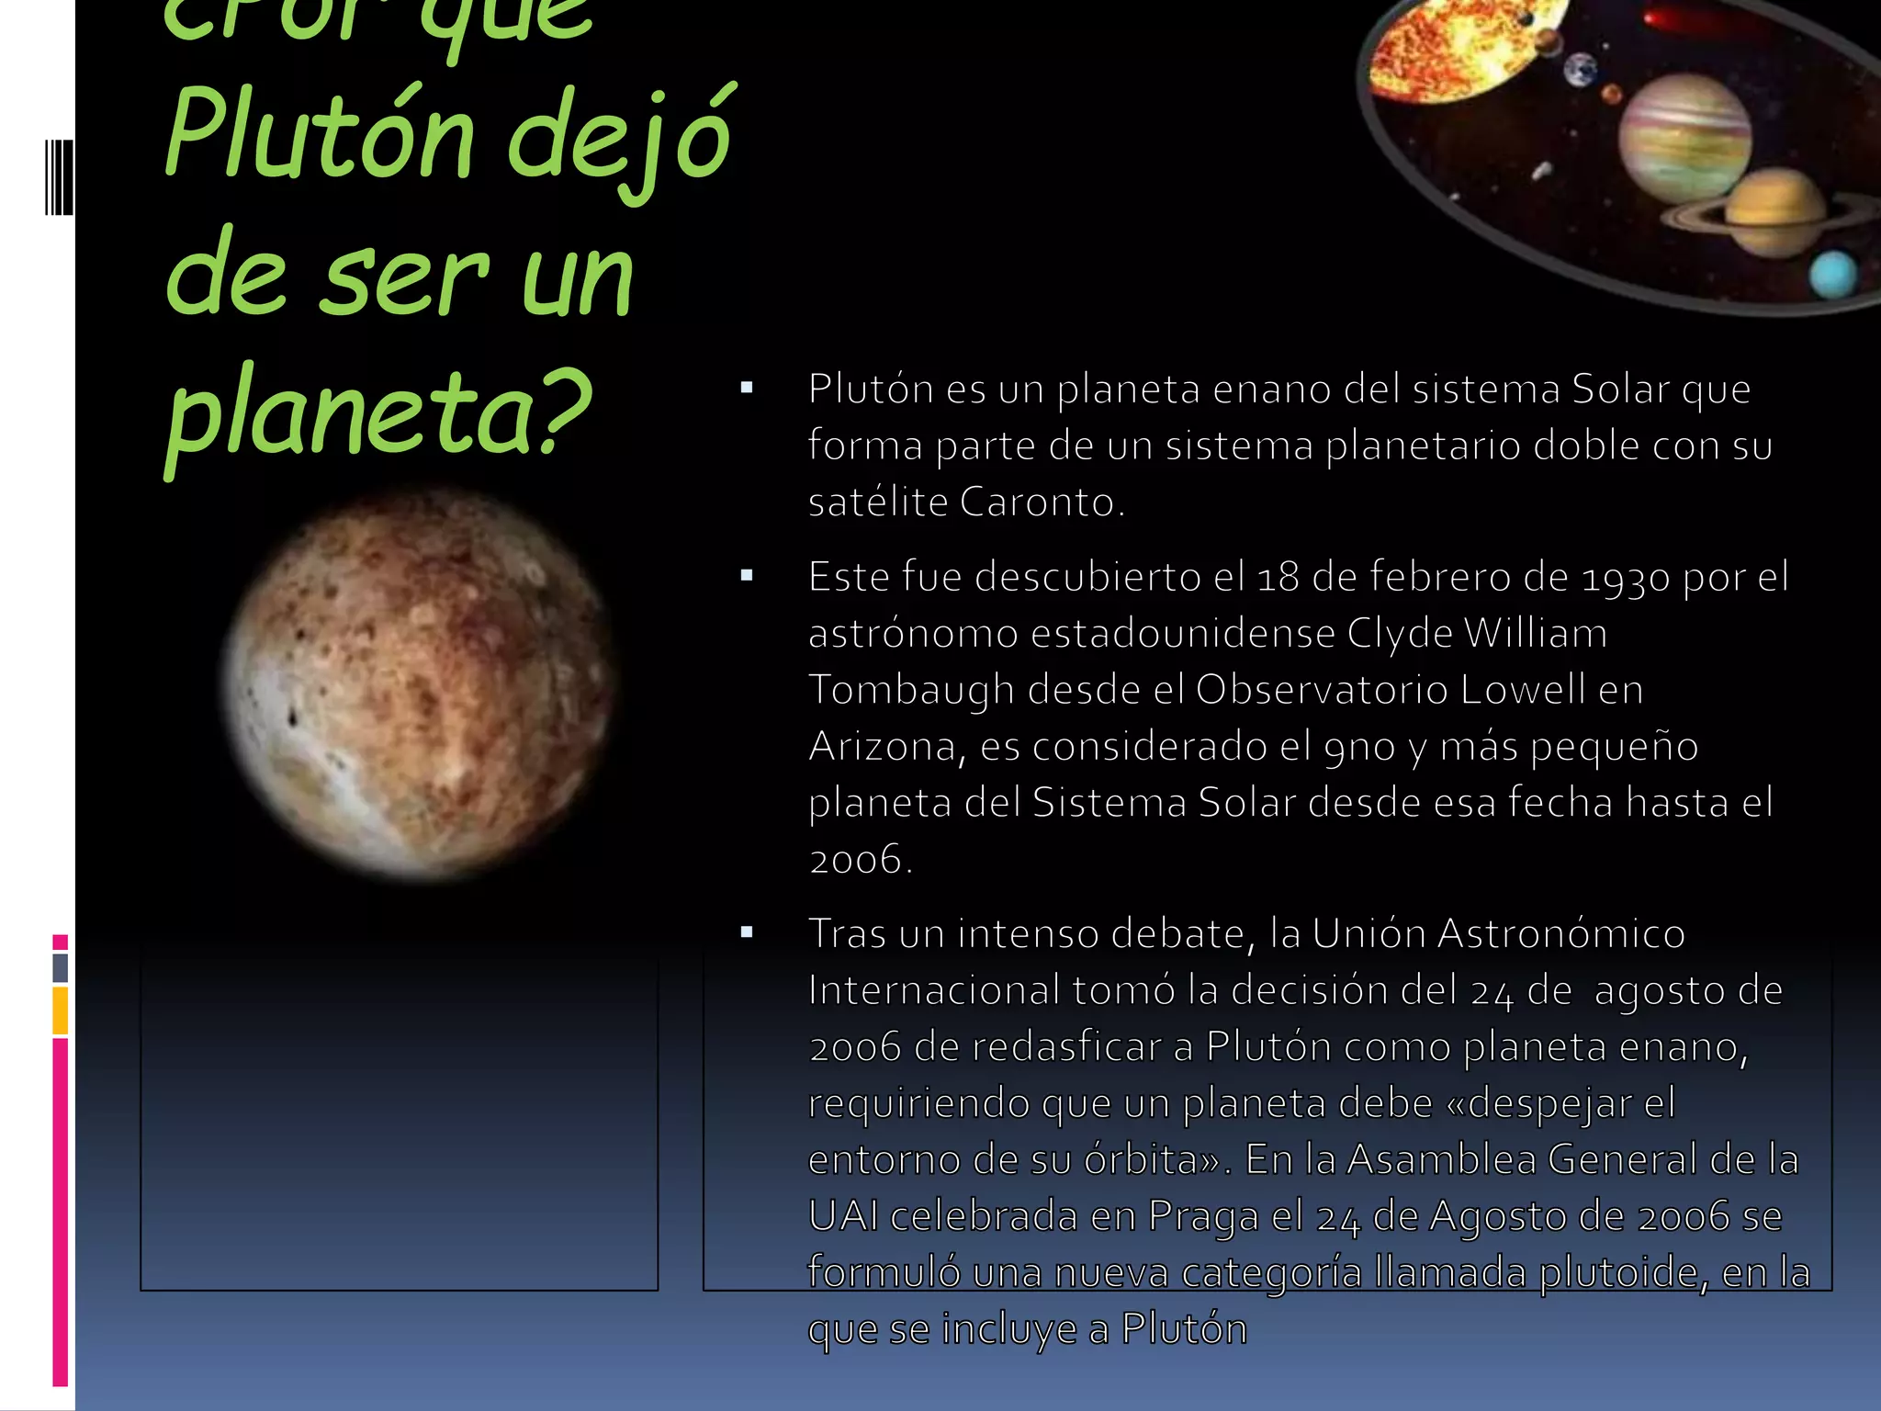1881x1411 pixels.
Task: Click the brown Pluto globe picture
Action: coord(419,685)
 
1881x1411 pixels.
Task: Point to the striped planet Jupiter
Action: coord(1684,138)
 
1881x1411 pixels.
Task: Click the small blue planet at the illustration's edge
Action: coord(1833,275)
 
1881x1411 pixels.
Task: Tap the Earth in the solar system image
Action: coord(1581,69)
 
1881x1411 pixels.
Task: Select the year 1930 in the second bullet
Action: coord(1626,578)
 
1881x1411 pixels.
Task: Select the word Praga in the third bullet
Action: coord(1203,1216)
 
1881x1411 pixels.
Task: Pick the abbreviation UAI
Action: coord(842,1216)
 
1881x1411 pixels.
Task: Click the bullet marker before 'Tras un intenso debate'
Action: coord(747,933)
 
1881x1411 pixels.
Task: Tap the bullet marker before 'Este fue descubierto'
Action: coord(747,577)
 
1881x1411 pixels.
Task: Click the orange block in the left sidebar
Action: coord(61,1010)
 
